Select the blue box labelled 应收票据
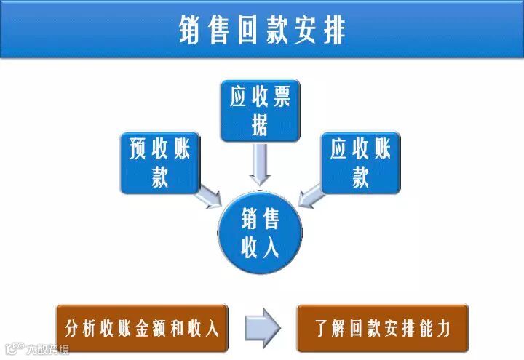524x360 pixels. pos(260,110)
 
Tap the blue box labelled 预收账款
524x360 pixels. pos(159,162)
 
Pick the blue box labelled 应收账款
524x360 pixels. pos(360,162)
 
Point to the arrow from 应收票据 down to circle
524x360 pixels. pos(260,164)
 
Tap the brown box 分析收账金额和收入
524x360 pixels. pos(142,328)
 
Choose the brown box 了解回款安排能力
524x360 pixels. pos(382,328)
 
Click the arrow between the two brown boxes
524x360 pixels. pos(262,328)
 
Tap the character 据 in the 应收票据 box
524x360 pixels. pos(260,126)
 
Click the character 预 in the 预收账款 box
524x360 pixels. pos(138,150)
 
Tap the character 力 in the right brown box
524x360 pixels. pos(442,328)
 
